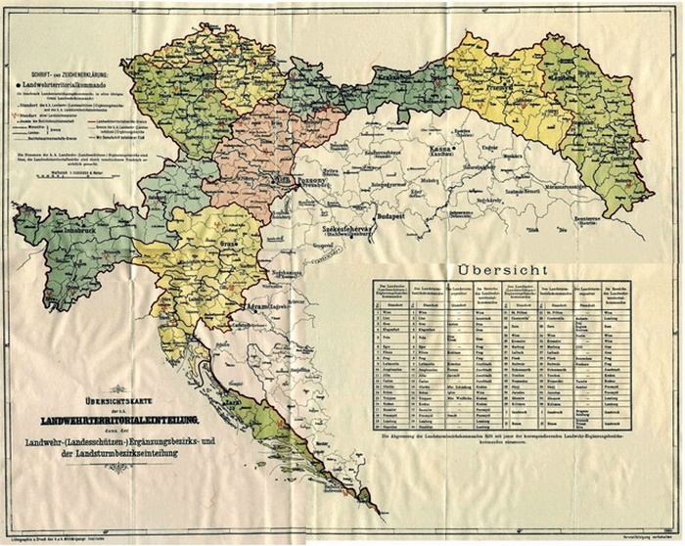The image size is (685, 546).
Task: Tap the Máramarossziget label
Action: click(586, 184)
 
